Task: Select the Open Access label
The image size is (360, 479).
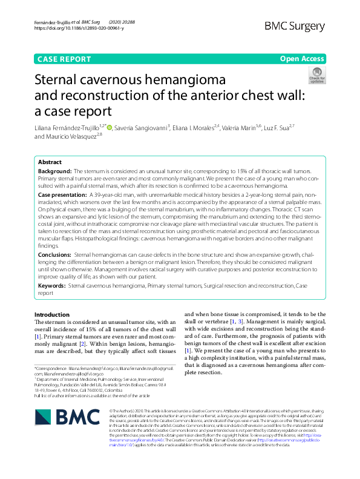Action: click(302, 58)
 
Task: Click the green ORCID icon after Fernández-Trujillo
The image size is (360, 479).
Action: click(110, 127)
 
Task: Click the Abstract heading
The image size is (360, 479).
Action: click(50, 163)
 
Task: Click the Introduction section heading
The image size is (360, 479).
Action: click(52, 315)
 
